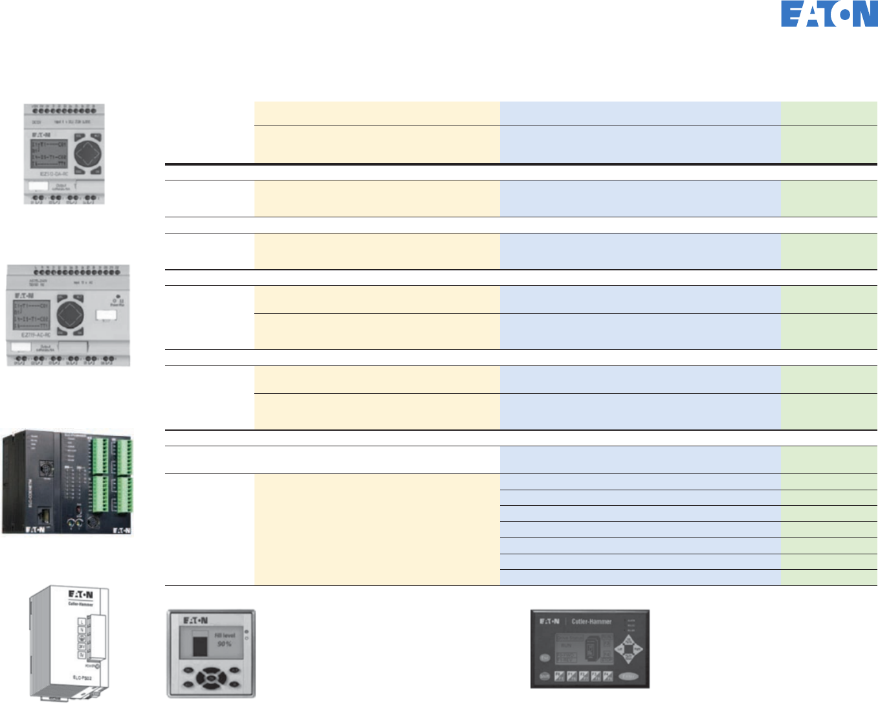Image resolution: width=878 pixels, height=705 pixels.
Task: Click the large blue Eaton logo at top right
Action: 829,14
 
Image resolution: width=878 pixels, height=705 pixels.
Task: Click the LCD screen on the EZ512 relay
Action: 49,153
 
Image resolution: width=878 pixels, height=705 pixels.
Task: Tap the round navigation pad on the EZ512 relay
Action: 87,153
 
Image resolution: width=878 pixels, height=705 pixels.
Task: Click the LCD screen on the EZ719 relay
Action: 32,316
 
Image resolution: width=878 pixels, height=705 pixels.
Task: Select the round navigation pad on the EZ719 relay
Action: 70,315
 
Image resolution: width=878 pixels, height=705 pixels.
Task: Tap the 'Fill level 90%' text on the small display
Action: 225,640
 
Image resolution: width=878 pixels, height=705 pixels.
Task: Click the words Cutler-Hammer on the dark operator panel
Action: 591,622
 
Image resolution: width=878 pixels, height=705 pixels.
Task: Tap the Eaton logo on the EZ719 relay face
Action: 25,296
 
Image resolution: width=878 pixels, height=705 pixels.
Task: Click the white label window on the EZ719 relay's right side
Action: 106,315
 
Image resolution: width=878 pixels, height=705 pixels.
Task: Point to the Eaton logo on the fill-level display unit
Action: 195,620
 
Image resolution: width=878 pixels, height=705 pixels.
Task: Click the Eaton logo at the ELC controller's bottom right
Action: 122,530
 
